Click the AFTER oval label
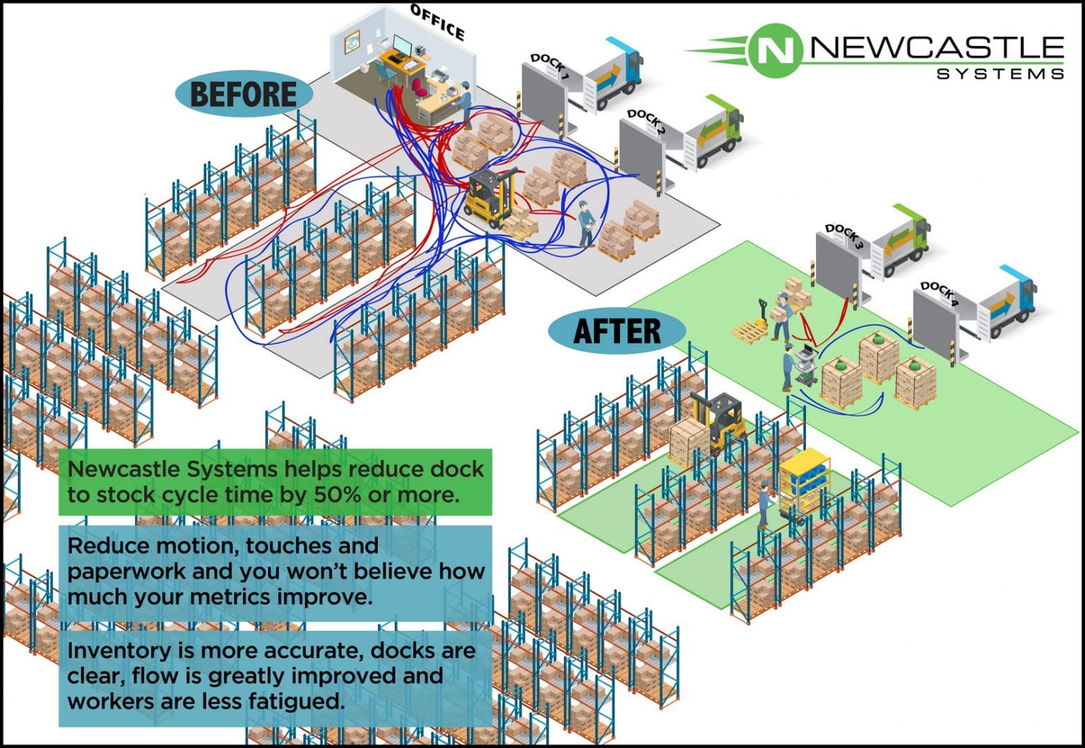(617, 331)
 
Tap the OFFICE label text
(438, 23)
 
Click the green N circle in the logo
(775, 49)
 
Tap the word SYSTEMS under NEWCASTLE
(1000, 73)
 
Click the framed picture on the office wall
(352, 42)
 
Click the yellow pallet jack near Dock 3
(753, 325)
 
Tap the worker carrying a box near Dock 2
(586, 222)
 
